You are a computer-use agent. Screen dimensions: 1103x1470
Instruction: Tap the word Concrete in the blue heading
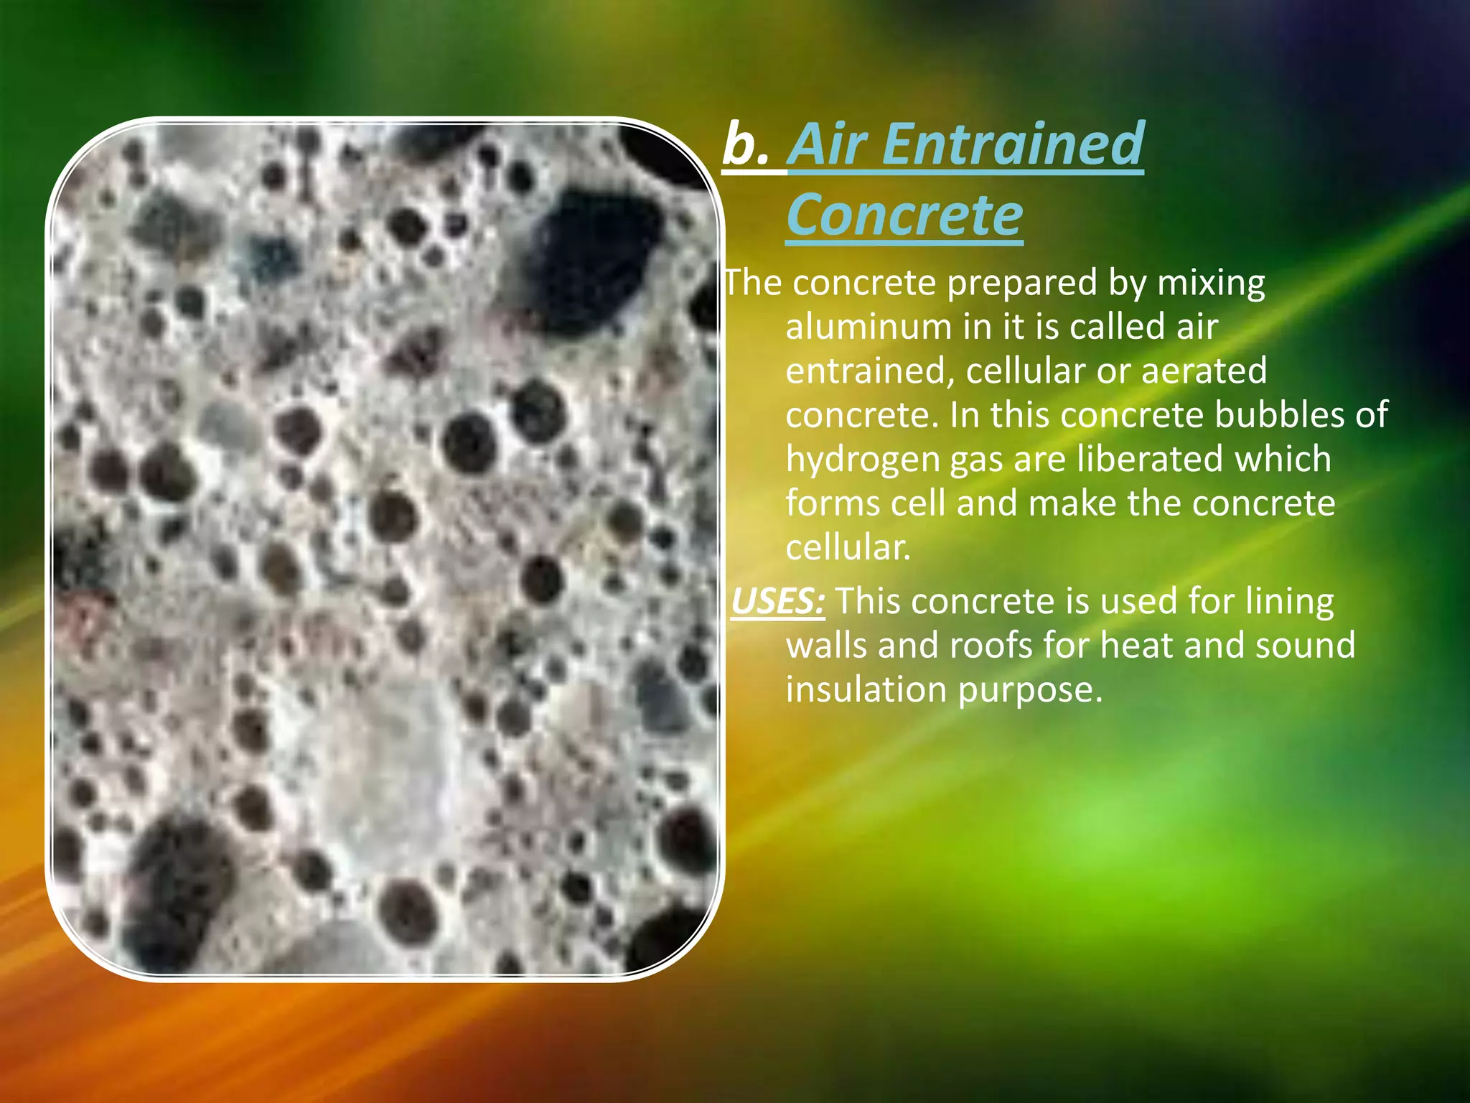tap(904, 215)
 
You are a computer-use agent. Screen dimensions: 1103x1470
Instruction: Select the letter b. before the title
tap(746, 144)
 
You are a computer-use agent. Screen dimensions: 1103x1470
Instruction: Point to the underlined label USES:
tap(777, 602)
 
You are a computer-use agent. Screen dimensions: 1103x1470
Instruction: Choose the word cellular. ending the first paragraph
tap(848, 548)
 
